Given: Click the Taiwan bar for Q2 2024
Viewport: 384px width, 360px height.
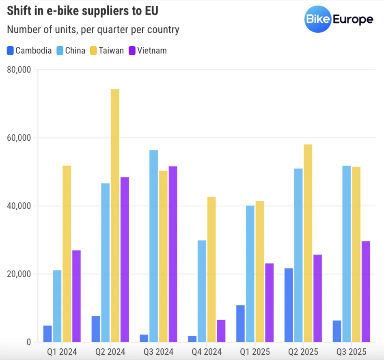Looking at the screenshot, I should click(x=115, y=215).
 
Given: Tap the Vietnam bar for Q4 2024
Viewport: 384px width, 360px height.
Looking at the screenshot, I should click(x=221, y=331).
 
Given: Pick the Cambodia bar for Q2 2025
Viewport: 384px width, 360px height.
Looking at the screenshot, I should click(x=289, y=305).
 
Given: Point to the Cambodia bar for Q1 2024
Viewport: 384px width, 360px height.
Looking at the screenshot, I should click(x=47, y=334).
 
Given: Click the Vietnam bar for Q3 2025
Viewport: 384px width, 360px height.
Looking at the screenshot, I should click(x=366, y=291).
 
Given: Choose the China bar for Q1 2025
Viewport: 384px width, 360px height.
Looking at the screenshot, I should click(x=250, y=274).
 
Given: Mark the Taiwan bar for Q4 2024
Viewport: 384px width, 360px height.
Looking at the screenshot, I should click(x=211, y=269).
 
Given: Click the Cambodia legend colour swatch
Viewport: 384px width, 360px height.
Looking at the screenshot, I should click(x=11, y=51).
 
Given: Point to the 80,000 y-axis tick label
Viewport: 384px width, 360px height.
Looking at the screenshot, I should click(x=19, y=70).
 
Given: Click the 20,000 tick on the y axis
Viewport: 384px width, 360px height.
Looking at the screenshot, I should click(x=19, y=274).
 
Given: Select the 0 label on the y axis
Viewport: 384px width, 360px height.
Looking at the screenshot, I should click(x=29, y=342).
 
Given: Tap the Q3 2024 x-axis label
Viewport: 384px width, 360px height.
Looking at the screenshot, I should click(x=158, y=351).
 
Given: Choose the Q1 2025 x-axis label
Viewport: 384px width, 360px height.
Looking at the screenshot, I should click(x=255, y=351).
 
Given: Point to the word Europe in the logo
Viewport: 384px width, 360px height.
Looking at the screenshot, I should click(x=353, y=19).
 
